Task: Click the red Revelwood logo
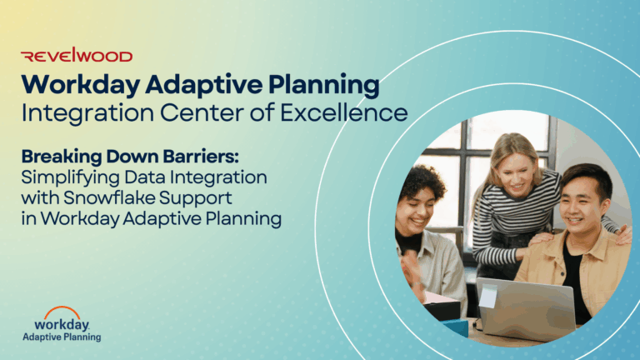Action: (77, 55)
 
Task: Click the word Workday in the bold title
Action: (81, 85)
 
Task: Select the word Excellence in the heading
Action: (343, 112)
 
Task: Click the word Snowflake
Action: (109, 198)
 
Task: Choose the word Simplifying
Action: (71, 178)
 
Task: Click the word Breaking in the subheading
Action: (62, 157)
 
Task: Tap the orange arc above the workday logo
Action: (62, 312)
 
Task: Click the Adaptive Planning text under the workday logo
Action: (62, 337)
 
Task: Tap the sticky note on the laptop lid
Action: (488, 296)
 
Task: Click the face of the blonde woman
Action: (516, 173)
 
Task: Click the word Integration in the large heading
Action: (87, 113)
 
